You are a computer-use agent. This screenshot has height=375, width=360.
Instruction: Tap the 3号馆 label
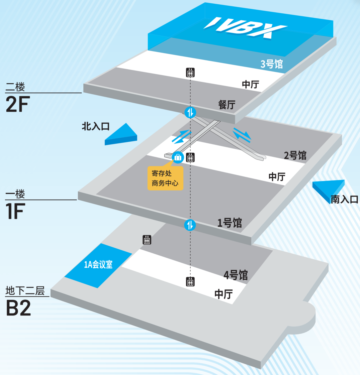[x=272, y=64]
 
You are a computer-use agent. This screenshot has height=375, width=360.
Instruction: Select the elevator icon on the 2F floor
[x=190, y=73]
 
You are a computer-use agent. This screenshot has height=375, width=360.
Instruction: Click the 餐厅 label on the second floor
[x=227, y=105]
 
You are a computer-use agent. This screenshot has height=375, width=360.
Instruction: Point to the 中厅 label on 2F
[x=250, y=84]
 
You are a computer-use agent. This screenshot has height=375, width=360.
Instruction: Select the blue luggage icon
[x=177, y=157]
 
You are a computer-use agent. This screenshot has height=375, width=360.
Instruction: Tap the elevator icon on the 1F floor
[x=190, y=157]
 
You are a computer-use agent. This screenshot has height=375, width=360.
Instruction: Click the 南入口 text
[x=344, y=200]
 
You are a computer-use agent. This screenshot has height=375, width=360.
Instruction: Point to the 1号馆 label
[x=230, y=223]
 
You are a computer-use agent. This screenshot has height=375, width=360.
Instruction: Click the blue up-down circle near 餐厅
[x=190, y=112]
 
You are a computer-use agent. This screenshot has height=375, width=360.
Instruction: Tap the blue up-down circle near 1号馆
[x=190, y=225]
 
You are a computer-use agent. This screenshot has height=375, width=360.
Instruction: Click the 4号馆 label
[x=236, y=275]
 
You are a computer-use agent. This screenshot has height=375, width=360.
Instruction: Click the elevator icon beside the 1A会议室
[x=147, y=240]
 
